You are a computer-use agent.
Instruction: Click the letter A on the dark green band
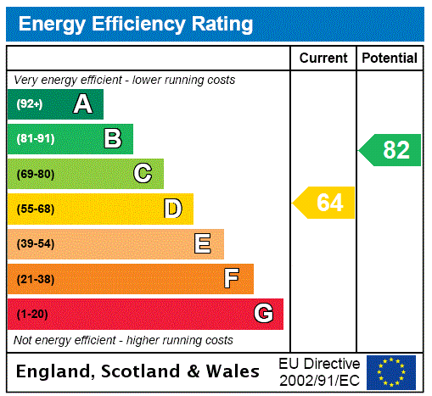click(x=82, y=104)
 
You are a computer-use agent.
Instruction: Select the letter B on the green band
click(x=112, y=139)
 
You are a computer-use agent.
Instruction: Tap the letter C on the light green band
click(x=143, y=174)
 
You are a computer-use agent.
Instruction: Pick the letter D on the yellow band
click(x=172, y=209)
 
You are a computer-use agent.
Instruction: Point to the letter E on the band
click(x=203, y=244)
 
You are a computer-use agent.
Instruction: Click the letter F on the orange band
click(x=232, y=278)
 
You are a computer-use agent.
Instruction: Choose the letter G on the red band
click(x=263, y=314)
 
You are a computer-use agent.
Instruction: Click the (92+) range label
click(x=30, y=104)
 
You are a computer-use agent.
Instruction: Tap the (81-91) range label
click(x=36, y=139)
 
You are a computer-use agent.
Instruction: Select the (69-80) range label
click(x=36, y=174)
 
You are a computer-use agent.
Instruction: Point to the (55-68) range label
click(x=36, y=209)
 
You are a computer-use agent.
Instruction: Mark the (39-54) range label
click(x=36, y=244)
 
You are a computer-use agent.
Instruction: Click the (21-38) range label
click(x=36, y=279)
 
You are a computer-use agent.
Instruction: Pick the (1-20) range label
click(x=32, y=315)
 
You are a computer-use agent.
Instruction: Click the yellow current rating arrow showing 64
click(x=325, y=204)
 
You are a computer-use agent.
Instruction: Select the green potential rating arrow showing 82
click(x=391, y=150)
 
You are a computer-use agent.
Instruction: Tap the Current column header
click(x=323, y=59)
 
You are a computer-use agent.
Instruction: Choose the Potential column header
click(x=390, y=59)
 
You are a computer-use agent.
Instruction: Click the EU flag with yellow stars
click(x=391, y=371)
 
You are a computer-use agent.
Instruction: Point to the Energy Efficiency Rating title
click(x=136, y=24)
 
